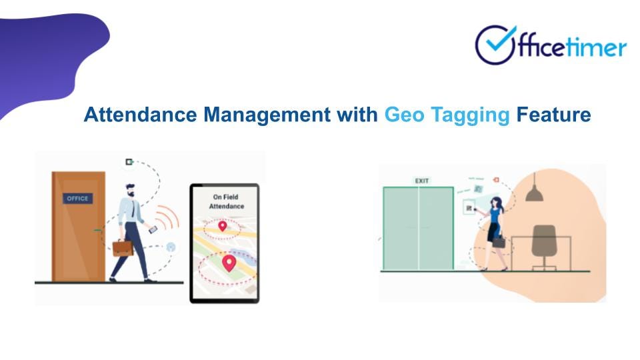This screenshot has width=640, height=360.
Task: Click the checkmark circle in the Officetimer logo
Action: [x=495, y=45]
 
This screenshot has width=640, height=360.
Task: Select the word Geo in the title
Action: [x=403, y=115]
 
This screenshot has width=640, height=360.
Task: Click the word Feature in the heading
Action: [x=553, y=115]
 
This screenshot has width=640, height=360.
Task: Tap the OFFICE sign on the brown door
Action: [x=77, y=199]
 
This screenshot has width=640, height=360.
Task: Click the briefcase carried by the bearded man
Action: [x=122, y=248]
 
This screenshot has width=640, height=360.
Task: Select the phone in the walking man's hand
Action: [x=153, y=229]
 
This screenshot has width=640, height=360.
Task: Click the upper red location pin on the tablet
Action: [x=223, y=228]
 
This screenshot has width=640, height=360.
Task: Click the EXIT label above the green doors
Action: [x=422, y=181]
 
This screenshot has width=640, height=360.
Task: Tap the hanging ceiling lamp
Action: [x=533, y=194]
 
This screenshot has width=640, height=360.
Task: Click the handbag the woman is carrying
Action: [x=497, y=242]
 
